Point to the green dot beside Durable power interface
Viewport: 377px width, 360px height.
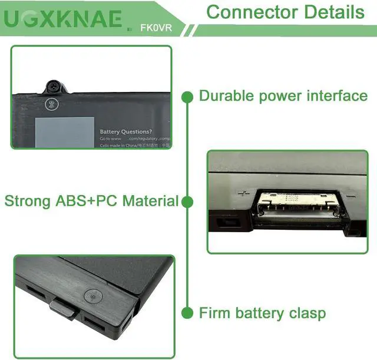click(187, 96)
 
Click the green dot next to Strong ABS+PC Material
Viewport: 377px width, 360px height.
click(187, 202)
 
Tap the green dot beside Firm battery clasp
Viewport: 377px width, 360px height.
click(187, 312)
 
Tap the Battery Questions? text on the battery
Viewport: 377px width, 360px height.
click(125, 132)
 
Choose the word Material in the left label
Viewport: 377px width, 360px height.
click(151, 202)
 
